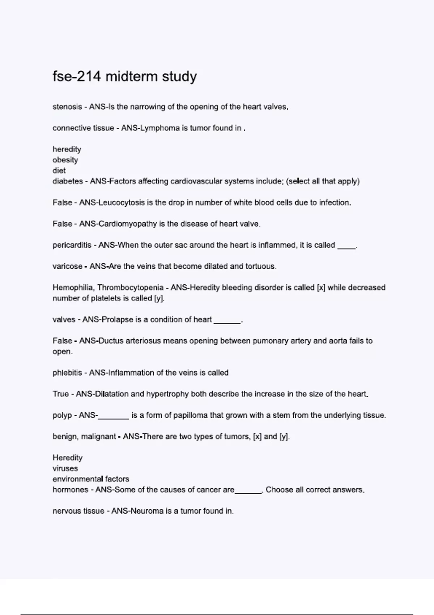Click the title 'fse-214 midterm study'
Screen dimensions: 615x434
click(x=125, y=77)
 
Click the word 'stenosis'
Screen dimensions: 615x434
click(x=67, y=107)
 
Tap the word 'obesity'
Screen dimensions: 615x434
click(x=65, y=160)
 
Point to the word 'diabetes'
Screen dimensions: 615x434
click(x=68, y=181)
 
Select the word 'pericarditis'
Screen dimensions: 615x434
click(x=72, y=245)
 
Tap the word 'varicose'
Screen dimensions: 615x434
click(x=67, y=267)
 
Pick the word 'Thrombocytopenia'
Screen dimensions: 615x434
click(x=131, y=288)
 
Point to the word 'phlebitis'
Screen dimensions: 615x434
click(x=67, y=373)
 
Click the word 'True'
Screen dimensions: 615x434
click(x=60, y=394)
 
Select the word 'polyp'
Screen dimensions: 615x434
click(x=62, y=416)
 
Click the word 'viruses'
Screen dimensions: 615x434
click(x=65, y=468)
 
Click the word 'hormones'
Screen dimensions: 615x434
click(x=70, y=490)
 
